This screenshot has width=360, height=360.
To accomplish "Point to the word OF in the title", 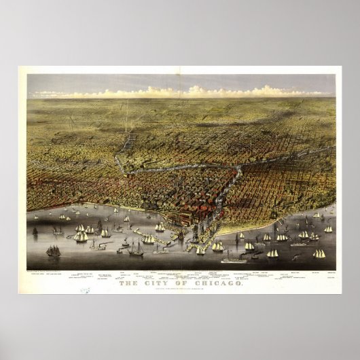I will tap(175, 274).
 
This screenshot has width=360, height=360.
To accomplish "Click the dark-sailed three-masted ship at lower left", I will tap(53, 251).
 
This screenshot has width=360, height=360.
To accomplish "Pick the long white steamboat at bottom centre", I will tap(234, 259).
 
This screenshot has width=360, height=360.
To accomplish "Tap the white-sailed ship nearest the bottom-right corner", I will tap(319, 253).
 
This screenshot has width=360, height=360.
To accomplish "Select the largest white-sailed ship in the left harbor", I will tap(81, 235).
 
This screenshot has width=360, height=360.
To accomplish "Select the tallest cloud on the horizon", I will tap(196, 90).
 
